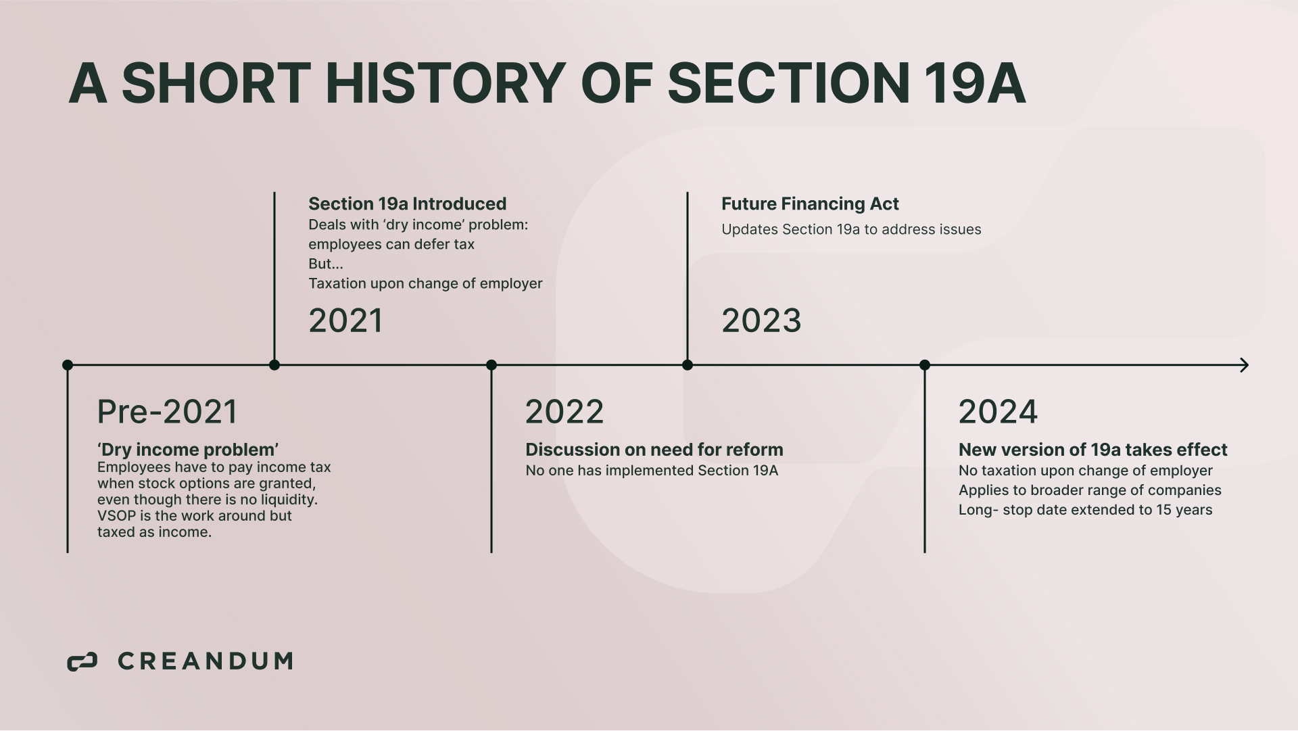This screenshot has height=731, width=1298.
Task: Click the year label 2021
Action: point(345,321)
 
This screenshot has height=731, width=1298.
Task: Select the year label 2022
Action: point(564,412)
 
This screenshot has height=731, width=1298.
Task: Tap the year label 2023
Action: point(761,321)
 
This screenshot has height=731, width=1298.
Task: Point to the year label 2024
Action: point(998,412)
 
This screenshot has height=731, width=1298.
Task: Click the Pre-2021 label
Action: point(167,412)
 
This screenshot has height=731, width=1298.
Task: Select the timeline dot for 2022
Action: point(491,365)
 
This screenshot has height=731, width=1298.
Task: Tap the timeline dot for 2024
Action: point(925,365)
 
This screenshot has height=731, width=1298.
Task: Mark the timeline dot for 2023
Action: point(688,365)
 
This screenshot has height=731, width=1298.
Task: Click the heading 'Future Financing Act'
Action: point(810,204)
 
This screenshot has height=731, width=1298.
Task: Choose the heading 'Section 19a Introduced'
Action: point(408,204)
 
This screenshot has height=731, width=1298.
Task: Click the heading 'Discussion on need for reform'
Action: point(654,450)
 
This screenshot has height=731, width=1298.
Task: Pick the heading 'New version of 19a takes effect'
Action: point(1093,450)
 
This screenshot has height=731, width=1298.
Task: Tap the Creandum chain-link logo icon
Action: point(82,662)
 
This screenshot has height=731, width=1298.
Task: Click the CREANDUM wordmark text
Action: point(206,661)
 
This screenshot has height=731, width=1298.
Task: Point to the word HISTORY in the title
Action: point(446,83)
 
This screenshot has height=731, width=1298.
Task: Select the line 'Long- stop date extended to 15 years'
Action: point(1086,510)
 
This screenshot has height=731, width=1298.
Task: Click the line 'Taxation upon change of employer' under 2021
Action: point(425,283)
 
